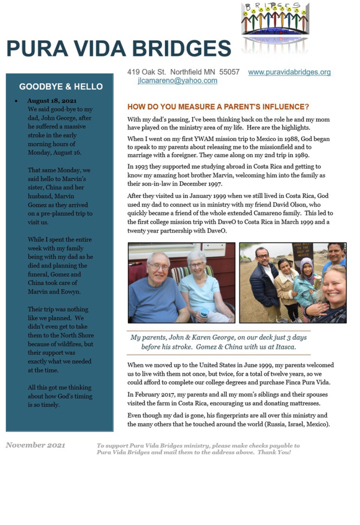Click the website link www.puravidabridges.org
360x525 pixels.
click(289, 72)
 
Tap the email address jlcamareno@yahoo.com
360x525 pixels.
click(177, 81)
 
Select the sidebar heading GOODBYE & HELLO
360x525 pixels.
click(61, 87)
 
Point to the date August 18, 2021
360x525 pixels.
click(52, 100)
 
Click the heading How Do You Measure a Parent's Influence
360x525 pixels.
click(218, 107)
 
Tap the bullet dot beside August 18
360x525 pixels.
click(16, 101)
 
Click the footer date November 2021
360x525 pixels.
click(35, 445)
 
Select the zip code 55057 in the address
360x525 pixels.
click(229, 72)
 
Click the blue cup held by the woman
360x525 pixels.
click(204, 312)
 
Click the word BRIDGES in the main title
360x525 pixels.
click(181, 49)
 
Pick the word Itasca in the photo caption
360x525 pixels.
click(285, 347)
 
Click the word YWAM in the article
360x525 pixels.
click(204, 139)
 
